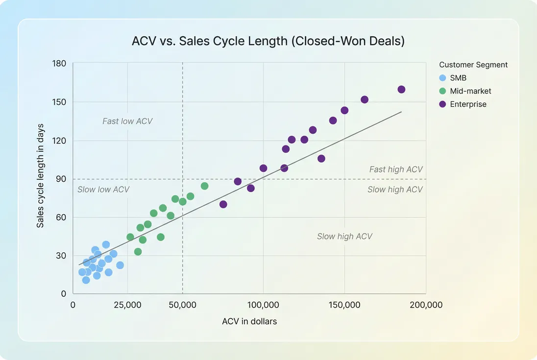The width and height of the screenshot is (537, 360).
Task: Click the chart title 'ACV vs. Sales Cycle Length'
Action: (x=268, y=41)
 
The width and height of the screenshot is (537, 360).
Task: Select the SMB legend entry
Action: (x=458, y=78)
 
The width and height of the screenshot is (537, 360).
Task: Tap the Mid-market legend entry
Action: (x=470, y=91)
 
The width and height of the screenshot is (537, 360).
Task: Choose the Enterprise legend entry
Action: (x=468, y=104)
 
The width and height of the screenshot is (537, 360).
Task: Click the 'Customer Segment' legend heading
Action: (x=473, y=65)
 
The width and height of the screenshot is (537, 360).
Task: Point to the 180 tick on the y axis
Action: (x=59, y=64)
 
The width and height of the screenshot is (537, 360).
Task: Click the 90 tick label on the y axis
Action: (x=61, y=179)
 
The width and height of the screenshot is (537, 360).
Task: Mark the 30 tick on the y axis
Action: (x=61, y=256)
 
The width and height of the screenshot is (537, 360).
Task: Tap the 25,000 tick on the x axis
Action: (x=127, y=305)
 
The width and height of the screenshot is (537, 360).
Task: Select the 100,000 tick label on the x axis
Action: (x=263, y=305)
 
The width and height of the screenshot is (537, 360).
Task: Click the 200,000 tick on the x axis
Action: (x=426, y=305)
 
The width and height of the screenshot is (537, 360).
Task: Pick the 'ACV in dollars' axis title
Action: (x=249, y=322)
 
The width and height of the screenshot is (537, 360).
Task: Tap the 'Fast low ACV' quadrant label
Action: (x=127, y=121)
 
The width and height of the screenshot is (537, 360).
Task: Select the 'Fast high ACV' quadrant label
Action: (x=396, y=169)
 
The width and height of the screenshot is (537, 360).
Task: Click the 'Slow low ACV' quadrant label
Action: (x=103, y=190)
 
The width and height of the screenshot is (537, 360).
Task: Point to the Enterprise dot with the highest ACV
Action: (x=401, y=90)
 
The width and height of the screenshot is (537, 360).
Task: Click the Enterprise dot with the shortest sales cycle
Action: (x=223, y=204)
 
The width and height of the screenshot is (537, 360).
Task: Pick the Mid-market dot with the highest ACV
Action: (x=205, y=186)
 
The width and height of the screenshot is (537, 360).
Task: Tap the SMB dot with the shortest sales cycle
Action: (x=86, y=280)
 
